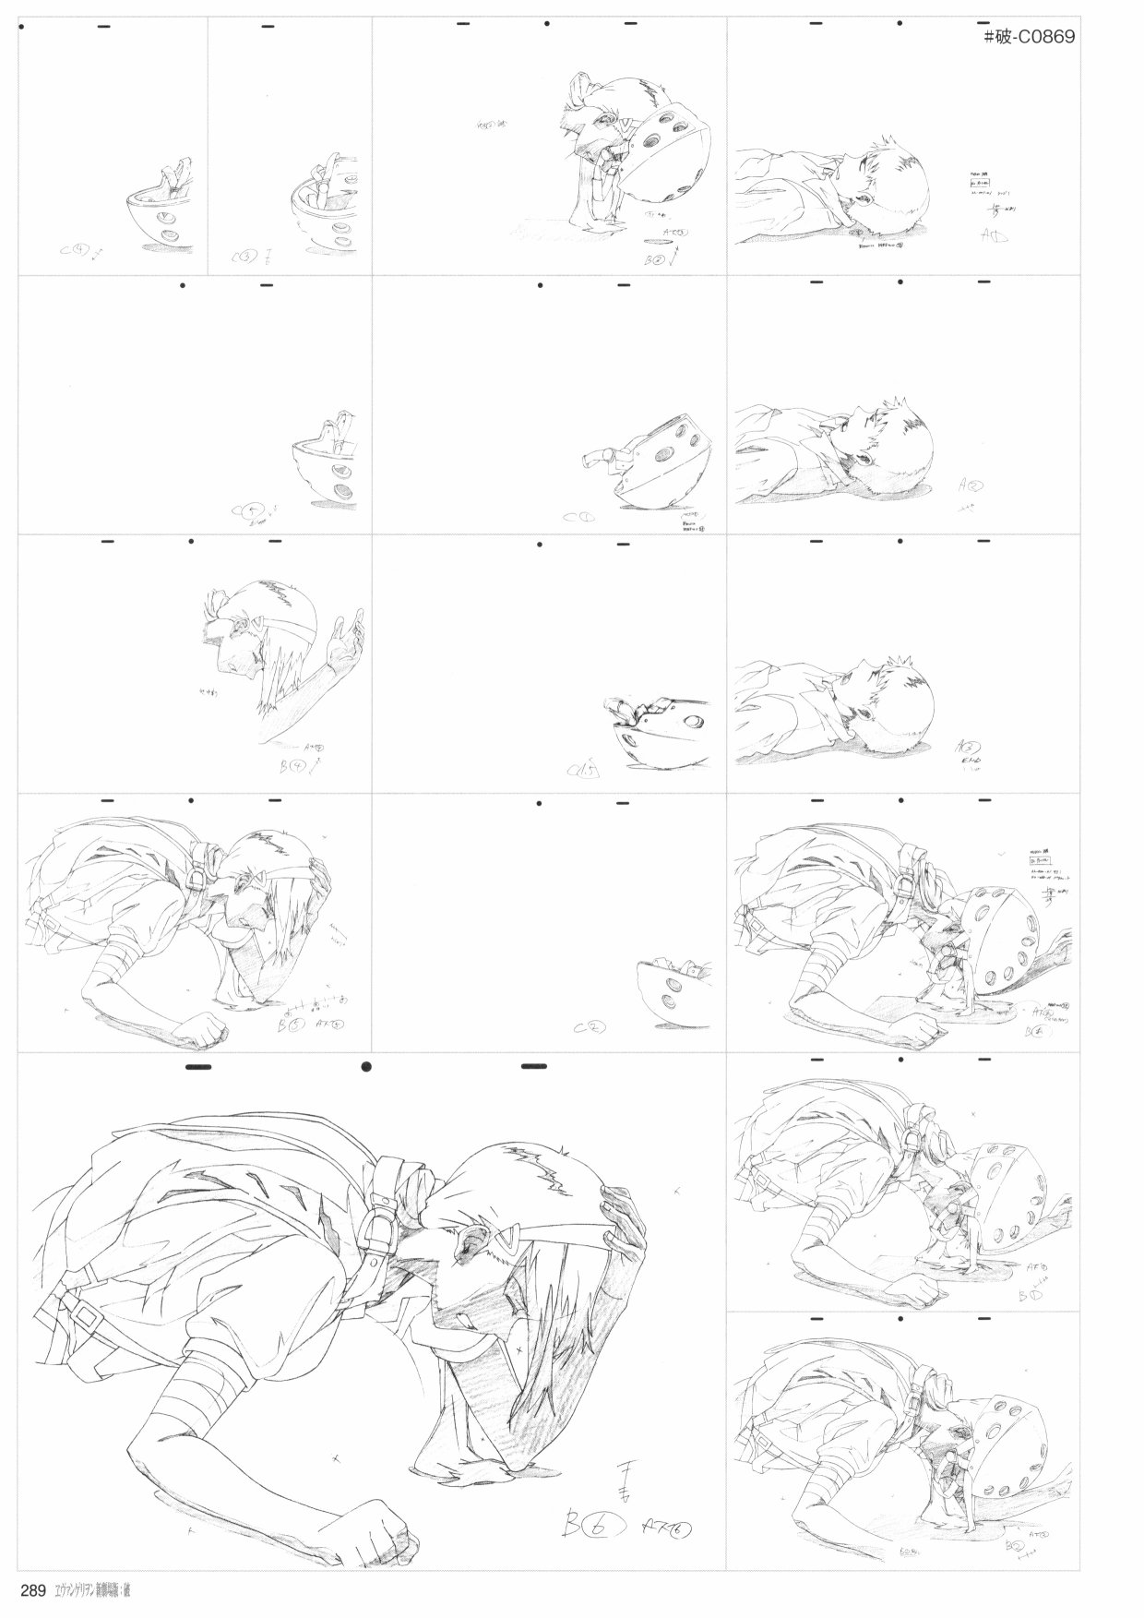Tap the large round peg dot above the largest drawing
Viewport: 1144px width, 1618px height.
click(x=367, y=1068)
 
